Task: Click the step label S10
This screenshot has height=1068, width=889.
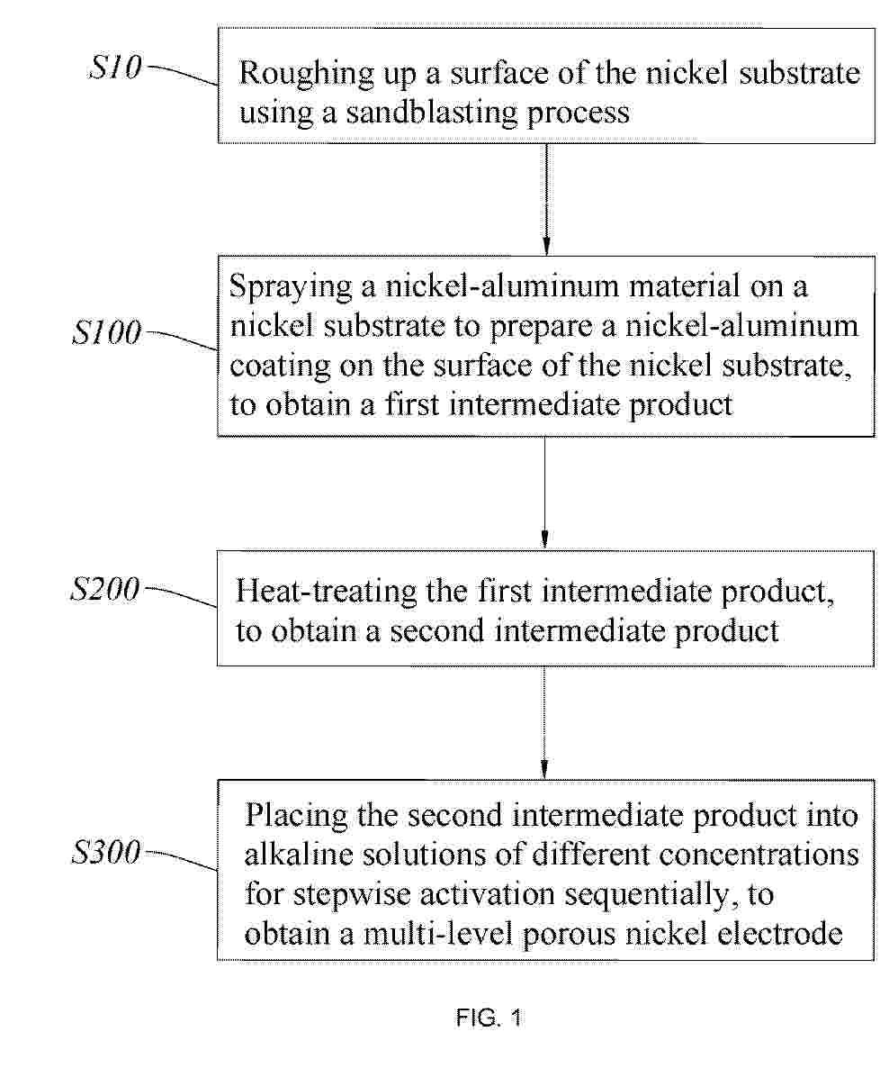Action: click(x=114, y=68)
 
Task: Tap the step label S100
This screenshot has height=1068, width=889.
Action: click(x=106, y=332)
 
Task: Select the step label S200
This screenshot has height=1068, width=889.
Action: click(x=105, y=589)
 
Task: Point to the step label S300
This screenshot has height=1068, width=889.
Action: click(x=106, y=852)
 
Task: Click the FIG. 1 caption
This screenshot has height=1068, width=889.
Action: click(x=489, y=1018)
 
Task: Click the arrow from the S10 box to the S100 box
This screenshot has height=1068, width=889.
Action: click(x=546, y=200)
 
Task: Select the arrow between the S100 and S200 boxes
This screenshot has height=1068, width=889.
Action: click(x=544, y=493)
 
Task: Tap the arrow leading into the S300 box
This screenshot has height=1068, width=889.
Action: click(x=543, y=723)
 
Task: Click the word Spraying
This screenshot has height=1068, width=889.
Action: click(x=291, y=286)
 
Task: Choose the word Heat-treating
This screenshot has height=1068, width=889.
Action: click(x=326, y=592)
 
